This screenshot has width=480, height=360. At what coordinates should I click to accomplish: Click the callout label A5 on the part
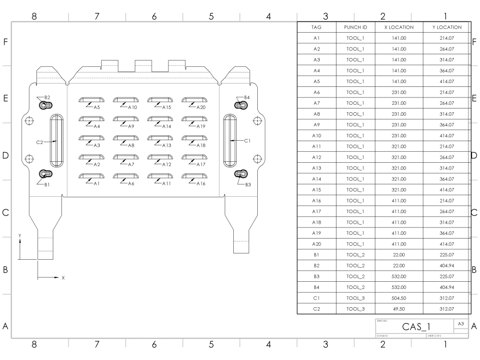[96, 108]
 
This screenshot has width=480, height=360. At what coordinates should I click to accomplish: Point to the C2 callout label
[40, 142]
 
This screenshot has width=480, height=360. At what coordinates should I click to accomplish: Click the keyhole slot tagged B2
[46, 104]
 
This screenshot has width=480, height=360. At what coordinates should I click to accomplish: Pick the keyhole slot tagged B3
[240, 174]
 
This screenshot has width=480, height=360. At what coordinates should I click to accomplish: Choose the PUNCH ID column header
[356, 27]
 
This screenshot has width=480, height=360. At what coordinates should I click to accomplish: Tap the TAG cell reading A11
[316, 146]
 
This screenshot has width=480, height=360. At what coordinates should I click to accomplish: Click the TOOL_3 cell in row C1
[356, 298]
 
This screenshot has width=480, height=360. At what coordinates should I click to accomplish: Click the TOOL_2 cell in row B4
[356, 287]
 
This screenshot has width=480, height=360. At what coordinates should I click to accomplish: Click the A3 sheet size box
[461, 324]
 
